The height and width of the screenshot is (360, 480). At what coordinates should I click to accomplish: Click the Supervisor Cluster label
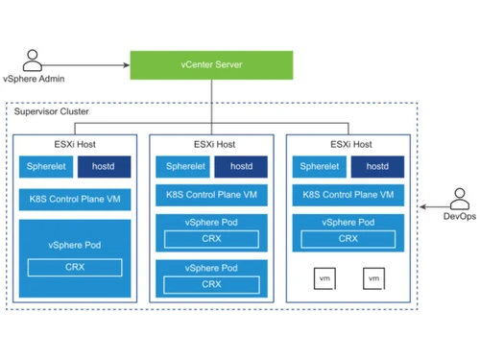(x=52, y=112)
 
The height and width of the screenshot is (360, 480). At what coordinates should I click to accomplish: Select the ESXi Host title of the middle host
(x=212, y=145)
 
